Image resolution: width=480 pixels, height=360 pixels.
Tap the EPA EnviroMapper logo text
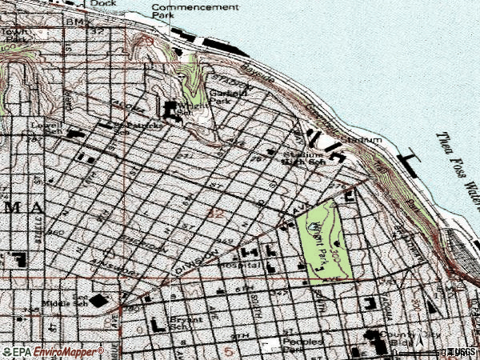click(x=53, y=351)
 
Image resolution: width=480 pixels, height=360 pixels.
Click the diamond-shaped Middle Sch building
click(x=98, y=301)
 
